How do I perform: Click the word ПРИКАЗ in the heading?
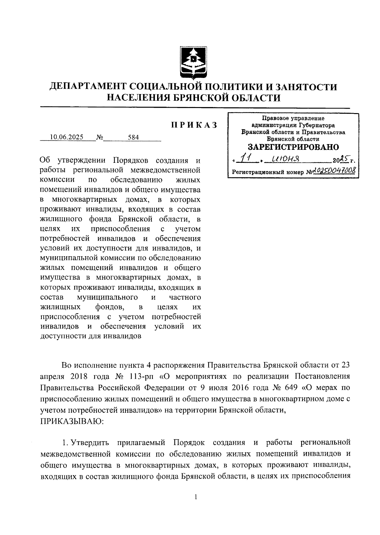tap(194, 125)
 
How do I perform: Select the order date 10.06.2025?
tap(66, 137)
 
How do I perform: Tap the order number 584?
tap(133, 137)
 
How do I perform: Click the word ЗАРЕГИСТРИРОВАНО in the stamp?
tap(293, 147)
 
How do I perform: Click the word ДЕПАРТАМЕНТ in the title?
tap(88, 87)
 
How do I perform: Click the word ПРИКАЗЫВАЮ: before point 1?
tap(73, 422)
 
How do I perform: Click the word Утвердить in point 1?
tap(90, 442)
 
